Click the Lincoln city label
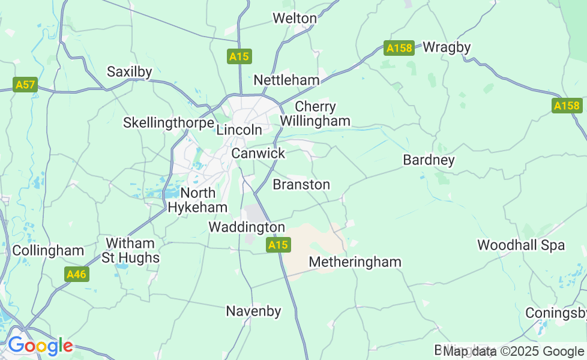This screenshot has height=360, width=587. point(239,130)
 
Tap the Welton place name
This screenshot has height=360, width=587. point(294,19)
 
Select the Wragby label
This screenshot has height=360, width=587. point(447,47)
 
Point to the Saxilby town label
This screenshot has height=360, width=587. point(129,72)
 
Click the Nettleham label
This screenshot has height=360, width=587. point(286,80)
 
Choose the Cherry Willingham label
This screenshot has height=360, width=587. point(315,114)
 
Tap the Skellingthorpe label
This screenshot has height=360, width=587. point(168,123)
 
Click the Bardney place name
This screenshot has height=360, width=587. point(429,160)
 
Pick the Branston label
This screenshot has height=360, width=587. point(301,184)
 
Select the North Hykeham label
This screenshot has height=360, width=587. point(197,200)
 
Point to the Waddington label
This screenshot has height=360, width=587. point(247,227)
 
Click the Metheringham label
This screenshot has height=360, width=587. point(355,262)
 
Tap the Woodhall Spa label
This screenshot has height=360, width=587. point(521,245)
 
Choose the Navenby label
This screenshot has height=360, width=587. point(253,311)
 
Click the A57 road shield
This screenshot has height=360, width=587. point(25,85)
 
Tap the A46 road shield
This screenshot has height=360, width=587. point(76,274)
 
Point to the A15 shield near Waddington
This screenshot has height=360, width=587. point(278,245)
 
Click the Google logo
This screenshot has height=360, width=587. point(40,346)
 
